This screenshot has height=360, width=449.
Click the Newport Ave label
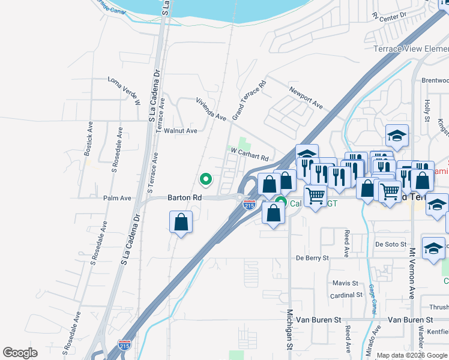[x=306, y=97]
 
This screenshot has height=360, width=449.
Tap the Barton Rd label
[x=184, y=197]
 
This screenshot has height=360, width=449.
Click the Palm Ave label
[x=117, y=198]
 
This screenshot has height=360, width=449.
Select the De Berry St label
[x=313, y=258]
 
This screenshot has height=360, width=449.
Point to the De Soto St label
[x=391, y=244]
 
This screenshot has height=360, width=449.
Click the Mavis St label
[x=345, y=283]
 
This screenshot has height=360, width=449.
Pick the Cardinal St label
[x=346, y=295]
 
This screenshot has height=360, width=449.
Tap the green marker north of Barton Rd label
[x=206, y=179]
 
